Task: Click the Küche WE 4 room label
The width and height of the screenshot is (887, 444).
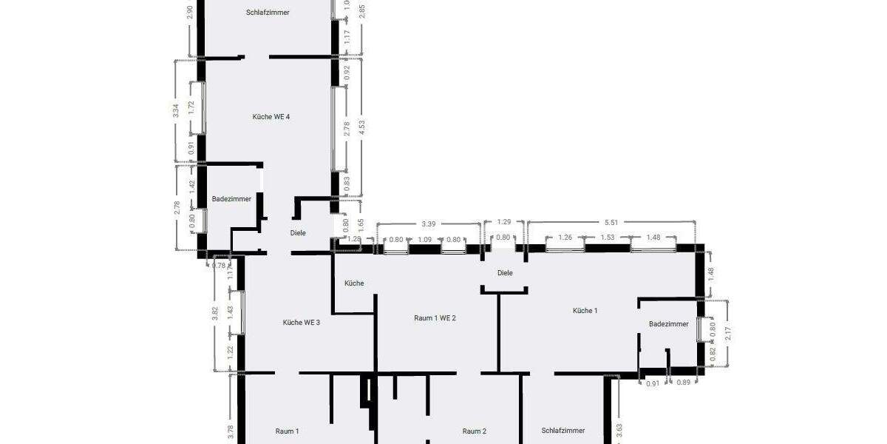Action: (276, 116)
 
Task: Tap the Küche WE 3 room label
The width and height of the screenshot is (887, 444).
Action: (302, 322)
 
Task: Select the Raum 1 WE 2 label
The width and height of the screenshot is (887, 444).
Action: (435, 317)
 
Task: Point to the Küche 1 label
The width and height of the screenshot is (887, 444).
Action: (585, 310)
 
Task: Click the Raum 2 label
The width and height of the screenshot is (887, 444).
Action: (474, 431)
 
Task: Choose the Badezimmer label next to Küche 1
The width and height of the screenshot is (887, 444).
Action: (668, 324)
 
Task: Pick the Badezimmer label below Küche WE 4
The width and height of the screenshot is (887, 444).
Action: (231, 198)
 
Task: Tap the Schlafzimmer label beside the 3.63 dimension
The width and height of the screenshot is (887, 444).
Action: (563, 430)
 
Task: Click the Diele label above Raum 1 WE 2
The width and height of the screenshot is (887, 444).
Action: (505, 272)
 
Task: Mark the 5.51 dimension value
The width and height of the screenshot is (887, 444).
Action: (611, 221)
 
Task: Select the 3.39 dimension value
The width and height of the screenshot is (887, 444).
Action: (428, 223)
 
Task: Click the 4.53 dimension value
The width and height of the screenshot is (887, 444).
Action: (361, 127)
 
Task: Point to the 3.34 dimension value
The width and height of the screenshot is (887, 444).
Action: (175, 111)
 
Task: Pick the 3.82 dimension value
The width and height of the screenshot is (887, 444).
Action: (214, 312)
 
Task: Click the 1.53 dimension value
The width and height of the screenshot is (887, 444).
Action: (608, 238)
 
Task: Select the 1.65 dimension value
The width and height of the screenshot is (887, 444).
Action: (361, 222)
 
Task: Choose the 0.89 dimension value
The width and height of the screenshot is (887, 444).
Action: (683, 383)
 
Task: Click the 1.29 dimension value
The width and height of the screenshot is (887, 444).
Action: (504, 221)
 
